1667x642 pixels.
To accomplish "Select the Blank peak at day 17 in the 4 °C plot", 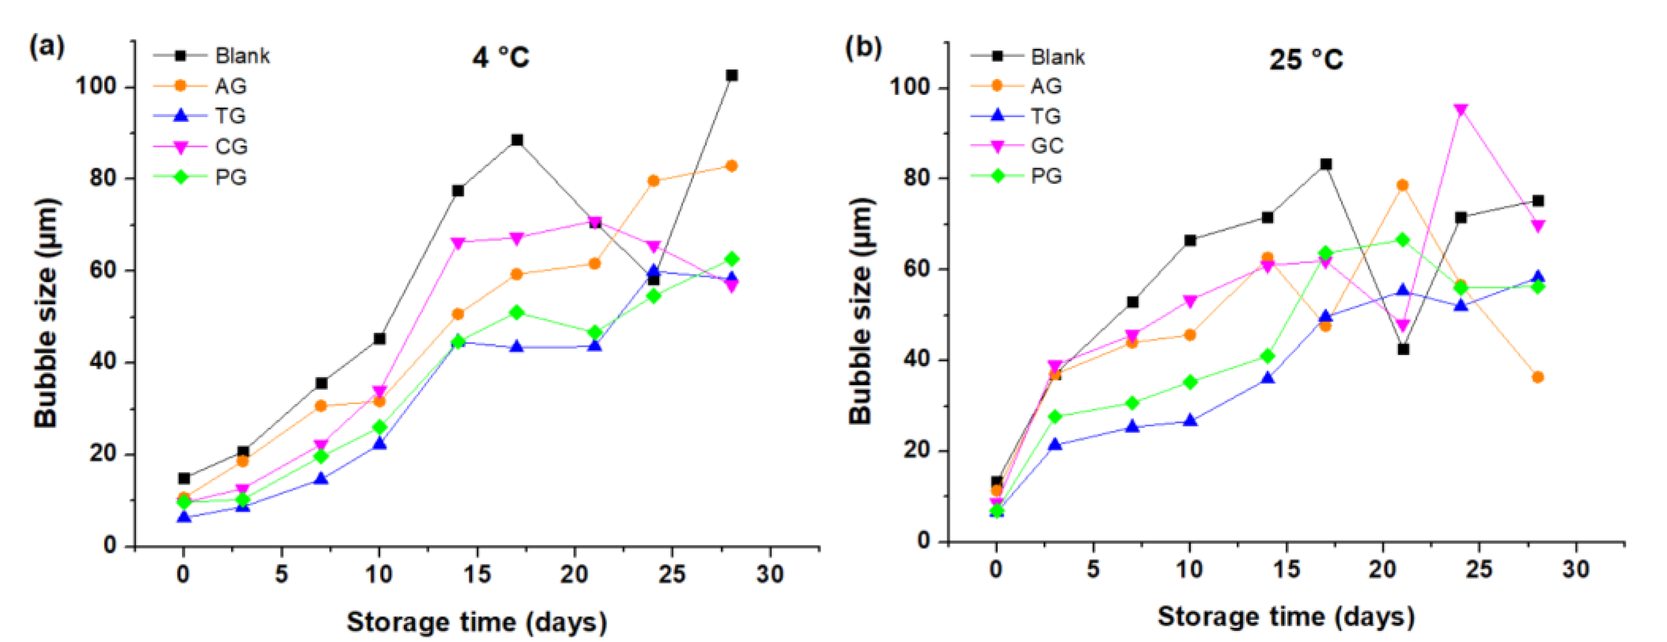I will click(516, 140).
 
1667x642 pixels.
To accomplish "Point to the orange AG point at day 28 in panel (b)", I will click(1538, 377).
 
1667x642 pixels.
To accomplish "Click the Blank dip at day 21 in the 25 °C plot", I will click(1403, 349).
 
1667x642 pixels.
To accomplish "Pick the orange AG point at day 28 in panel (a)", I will click(731, 166).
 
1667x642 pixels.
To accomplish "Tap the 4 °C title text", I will click(500, 58).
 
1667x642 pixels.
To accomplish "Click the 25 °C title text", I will click(1306, 60).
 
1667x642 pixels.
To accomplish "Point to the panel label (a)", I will click(46, 46).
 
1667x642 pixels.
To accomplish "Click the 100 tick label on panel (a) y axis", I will click(96, 85).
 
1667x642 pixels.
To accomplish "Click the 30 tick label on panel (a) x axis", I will click(769, 573).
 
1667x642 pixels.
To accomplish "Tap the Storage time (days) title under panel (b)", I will click(1286, 616).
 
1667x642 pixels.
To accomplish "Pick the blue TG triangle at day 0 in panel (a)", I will click(184, 517).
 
